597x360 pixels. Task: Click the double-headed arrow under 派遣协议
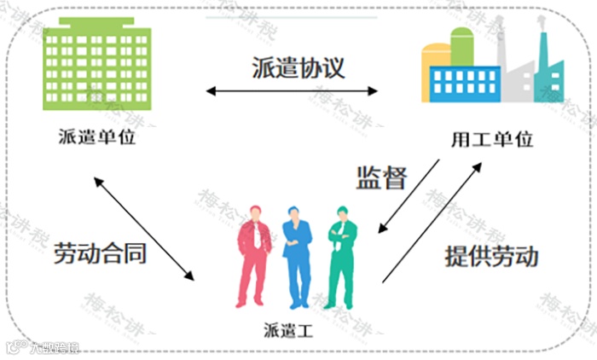point(293,90)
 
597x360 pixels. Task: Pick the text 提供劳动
point(492,256)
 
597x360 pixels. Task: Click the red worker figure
point(253,256)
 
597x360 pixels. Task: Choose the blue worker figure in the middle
point(296,256)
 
